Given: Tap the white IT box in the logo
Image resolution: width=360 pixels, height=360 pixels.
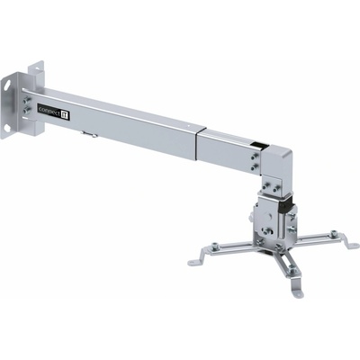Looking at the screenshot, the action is point(65,115).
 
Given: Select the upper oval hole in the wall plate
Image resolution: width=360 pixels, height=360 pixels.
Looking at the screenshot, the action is point(6,84).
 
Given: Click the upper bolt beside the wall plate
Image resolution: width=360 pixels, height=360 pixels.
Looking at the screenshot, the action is point(27,99).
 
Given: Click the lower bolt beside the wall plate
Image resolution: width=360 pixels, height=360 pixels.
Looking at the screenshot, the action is point(26,110).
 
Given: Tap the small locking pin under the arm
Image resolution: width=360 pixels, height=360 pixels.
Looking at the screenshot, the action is point(89,134).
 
